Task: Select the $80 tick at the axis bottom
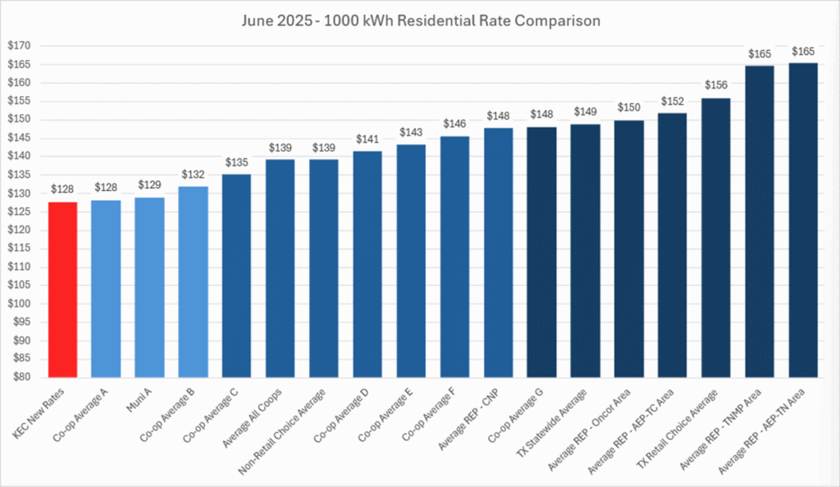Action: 20,378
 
